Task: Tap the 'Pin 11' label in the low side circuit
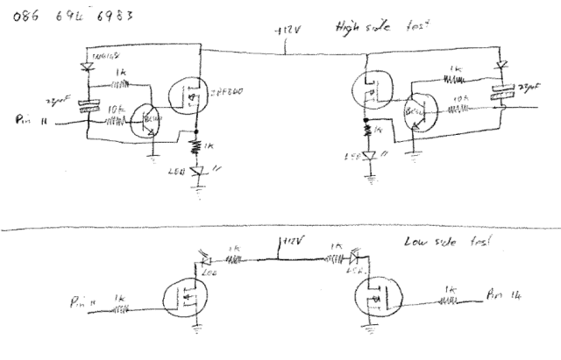86,303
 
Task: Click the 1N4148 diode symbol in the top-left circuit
85,65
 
